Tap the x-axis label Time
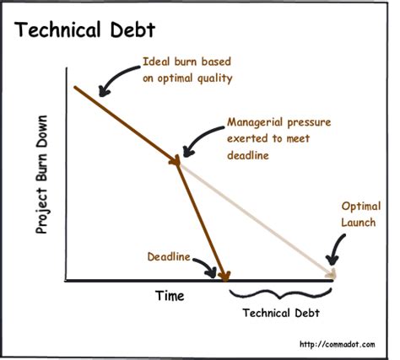[169, 296]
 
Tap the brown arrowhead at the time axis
[224, 275]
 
